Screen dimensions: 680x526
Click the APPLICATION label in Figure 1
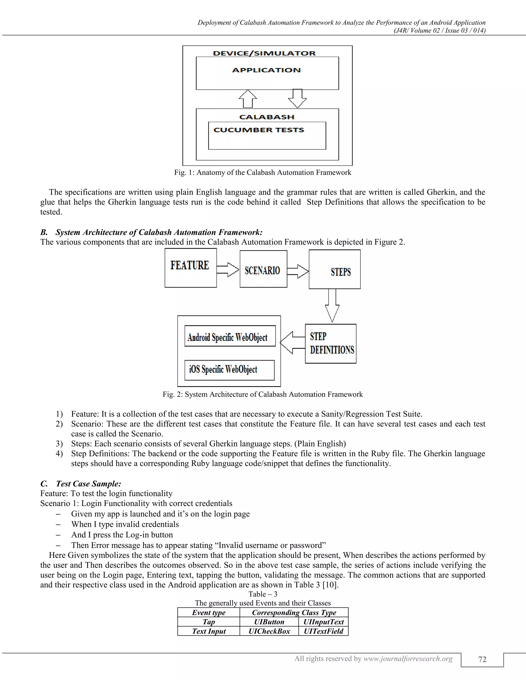266,70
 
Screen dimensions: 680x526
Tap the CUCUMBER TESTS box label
259,130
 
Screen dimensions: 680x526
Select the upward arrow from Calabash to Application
248,99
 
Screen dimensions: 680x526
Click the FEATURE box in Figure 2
190,268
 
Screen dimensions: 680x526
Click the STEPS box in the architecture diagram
335,270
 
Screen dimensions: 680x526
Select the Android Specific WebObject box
230,336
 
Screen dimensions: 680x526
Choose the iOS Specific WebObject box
229,370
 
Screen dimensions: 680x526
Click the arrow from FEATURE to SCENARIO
228,269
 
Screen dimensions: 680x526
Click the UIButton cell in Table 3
269,622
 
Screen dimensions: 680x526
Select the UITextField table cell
323,631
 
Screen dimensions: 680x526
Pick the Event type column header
209,613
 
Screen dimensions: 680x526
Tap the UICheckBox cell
269,631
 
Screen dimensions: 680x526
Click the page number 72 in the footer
482,659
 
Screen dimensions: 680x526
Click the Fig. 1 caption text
263,172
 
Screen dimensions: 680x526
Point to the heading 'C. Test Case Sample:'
81,483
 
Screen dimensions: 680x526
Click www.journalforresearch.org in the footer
408,658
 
